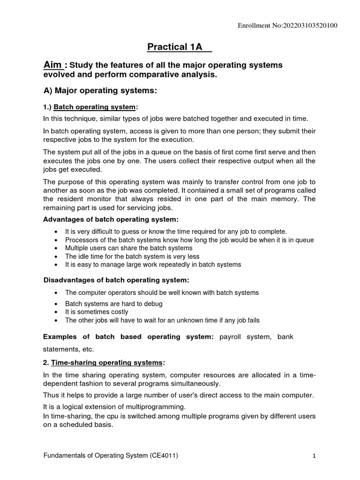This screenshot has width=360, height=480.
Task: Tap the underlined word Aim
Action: click(52, 65)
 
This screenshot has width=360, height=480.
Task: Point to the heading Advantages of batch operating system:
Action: click(111, 219)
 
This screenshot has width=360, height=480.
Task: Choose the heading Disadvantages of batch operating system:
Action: click(116, 280)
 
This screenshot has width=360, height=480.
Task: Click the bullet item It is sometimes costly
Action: click(97, 312)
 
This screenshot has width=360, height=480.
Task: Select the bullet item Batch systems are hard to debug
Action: click(113, 303)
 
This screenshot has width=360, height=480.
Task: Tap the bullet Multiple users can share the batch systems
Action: click(128, 248)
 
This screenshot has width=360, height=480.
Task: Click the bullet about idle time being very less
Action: click(132, 256)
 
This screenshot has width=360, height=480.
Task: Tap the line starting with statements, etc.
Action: click(68, 349)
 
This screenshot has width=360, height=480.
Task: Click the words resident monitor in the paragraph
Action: click(77, 198)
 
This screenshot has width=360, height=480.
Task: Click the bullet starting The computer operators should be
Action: click(162, 292)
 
